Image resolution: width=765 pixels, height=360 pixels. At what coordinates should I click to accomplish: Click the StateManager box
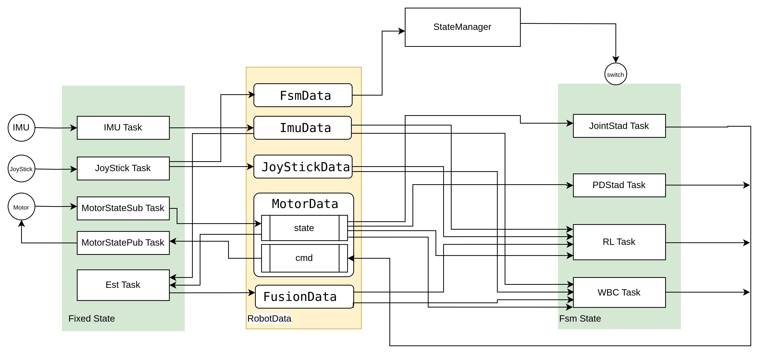[x=462, y=27]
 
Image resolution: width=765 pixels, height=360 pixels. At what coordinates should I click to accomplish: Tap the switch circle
[x=615, y=74]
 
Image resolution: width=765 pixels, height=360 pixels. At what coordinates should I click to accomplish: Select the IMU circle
[x=21, y=128]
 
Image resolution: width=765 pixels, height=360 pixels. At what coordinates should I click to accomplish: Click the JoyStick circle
[x=21, y=168]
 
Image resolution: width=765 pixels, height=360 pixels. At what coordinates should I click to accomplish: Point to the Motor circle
[x=21, y=207]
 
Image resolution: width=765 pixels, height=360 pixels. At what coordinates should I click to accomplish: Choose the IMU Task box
[x=123, y=128]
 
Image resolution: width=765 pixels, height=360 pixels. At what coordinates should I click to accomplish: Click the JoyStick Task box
[x=123, y=168]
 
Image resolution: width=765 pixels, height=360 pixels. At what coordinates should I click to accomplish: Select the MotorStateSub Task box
[x=123, y=208]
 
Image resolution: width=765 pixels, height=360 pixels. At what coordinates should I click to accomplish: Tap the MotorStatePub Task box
[x=123, y=243]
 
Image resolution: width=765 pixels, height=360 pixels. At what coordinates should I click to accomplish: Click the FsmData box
[x=303, y=95]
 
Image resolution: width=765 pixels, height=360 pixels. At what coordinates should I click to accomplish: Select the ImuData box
[x=302, y=128]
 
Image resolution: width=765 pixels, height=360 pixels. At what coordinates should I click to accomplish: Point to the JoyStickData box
[x=303, y=167]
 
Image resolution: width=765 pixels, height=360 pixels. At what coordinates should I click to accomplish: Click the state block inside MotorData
[x=304, y=228]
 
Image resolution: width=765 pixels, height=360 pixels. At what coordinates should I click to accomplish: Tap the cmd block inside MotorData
[x=304, y=258]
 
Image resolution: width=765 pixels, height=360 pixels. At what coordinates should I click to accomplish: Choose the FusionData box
[x=304, y=296]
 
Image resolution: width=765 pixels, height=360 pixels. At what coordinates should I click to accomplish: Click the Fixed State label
[x=91, y=318]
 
